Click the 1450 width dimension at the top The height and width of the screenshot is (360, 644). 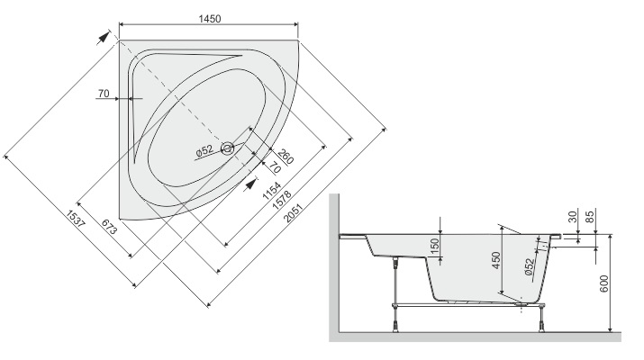[210, 19]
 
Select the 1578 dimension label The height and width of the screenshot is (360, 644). [282, 201]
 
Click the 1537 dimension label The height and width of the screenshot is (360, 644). [76, 219]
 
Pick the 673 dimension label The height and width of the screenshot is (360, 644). [109, 227]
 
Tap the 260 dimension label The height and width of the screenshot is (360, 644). [286, 157]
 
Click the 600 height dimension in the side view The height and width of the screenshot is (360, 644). [603, 283]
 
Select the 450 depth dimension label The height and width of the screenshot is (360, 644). [496, 260]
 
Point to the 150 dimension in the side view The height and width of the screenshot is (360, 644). [435, 247]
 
